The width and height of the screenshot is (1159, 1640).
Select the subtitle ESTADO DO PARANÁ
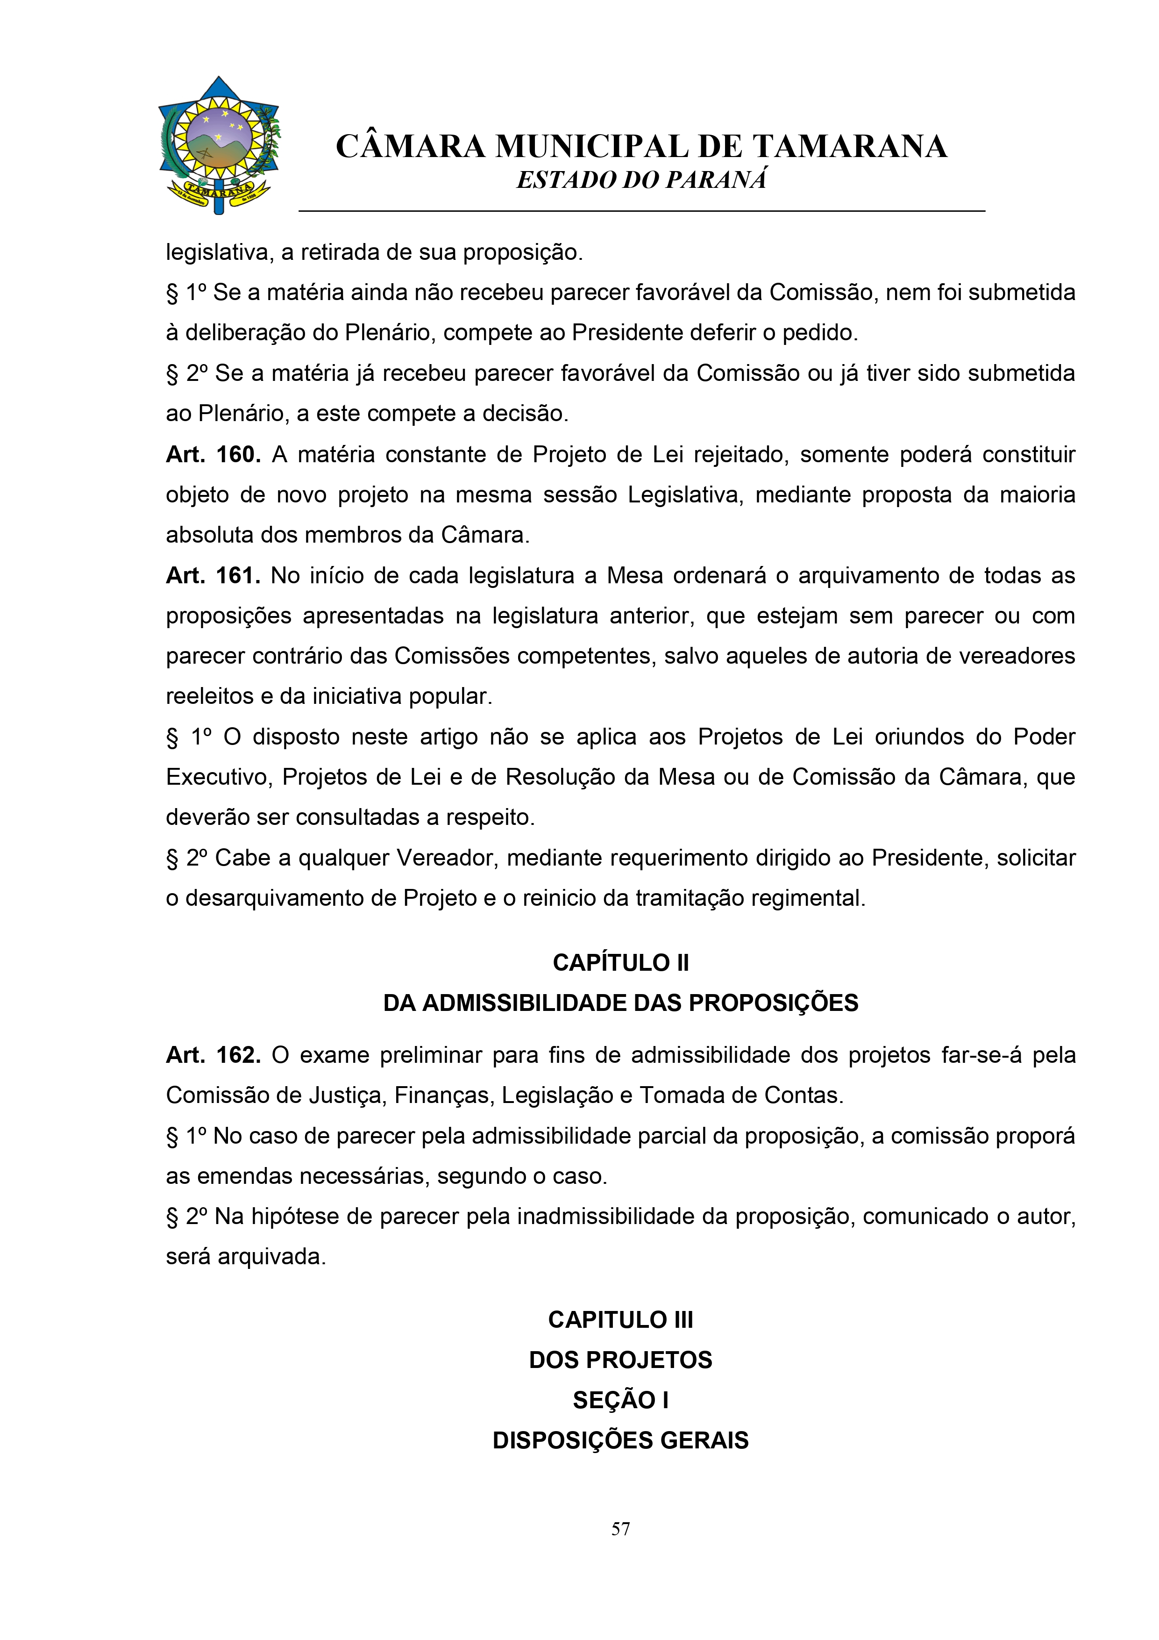pos(641,180)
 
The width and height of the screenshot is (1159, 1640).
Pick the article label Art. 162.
pos(213,1055)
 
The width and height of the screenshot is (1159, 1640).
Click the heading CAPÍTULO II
pos(620,963)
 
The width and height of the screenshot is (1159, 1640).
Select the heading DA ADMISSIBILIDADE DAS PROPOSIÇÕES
pos(620,1003)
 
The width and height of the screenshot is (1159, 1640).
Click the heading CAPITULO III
pos(620,1319)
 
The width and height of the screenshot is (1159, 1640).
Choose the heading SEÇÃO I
pos(620,1400)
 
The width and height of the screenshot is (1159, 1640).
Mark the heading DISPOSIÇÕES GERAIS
pos(620,1440)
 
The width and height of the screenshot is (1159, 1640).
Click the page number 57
pos(620,1529)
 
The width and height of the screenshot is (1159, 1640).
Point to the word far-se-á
pos(982,1055)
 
